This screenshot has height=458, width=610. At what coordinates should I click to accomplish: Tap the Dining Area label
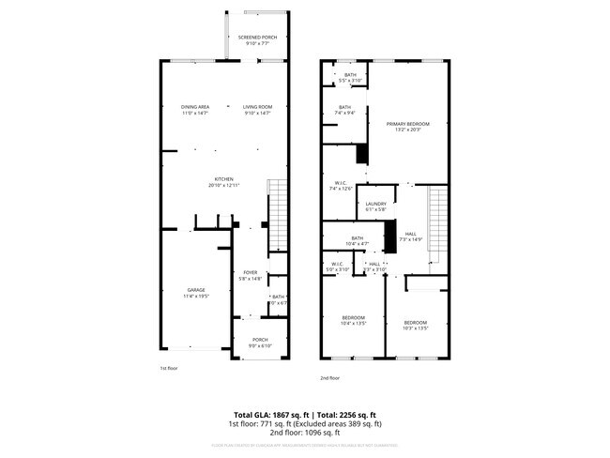click(x=195, y=107)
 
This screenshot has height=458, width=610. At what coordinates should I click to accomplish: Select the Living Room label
click(x=257, y=107)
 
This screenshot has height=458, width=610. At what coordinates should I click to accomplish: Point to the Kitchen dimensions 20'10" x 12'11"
click(x=223, y=186)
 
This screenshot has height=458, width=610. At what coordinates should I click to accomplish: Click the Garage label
click(x=196, y=290)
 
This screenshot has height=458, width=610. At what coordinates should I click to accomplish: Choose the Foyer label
click(x=251, y=272)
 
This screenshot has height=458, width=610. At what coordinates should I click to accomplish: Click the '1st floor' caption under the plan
click(x=168, y=369)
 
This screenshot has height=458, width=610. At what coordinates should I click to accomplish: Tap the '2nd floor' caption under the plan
click(x=329, y=377)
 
